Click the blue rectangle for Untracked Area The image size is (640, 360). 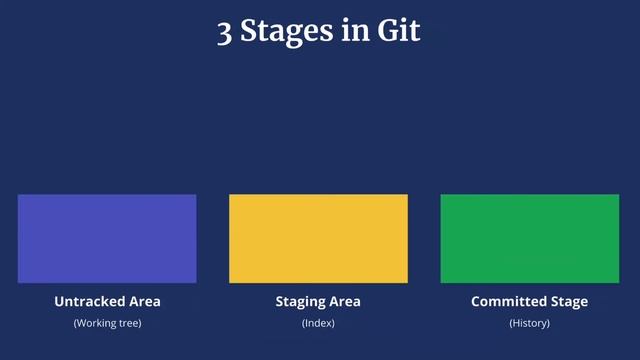[107, 239]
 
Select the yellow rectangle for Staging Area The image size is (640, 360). [318, 239]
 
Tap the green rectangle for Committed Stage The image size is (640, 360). [530, 239]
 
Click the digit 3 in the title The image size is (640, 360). [225, 32]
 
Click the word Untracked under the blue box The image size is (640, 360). [88, 301]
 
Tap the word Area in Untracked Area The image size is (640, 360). [143, 301]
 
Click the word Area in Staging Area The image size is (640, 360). [345, 301]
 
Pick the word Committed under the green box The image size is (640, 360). [509, 301]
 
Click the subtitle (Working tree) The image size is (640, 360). [107, 324]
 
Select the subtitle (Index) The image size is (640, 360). [318, 324]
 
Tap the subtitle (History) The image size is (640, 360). [529, 324]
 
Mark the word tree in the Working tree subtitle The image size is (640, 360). [127, 324]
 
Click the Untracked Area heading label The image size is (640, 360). [107, 301]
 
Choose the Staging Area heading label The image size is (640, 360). [318, 301]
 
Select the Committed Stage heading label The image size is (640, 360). [529, 301]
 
